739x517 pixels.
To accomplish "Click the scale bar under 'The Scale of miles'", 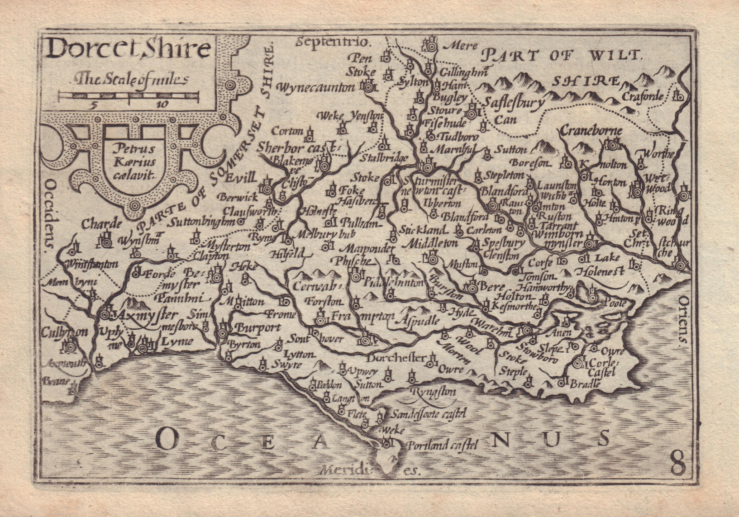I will point(129,95).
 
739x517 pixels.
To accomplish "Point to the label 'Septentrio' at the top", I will point(334,42).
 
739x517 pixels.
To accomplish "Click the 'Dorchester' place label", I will point(396,358).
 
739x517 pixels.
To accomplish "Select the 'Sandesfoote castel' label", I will point(428,413).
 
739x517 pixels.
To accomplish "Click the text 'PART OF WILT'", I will point(561,56).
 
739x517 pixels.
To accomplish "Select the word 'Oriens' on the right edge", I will point(684,321).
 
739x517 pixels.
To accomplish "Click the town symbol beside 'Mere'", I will point(429,45).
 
